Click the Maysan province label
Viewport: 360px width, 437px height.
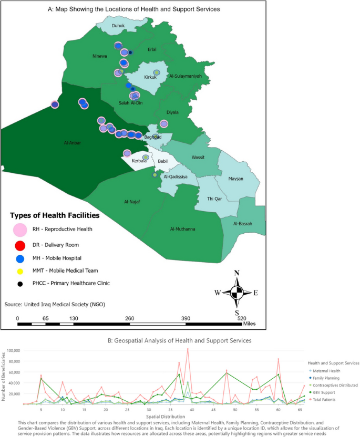tap(236, 179)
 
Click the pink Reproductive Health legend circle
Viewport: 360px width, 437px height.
tap(20, 230)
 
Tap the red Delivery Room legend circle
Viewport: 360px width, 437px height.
tap(20, 245)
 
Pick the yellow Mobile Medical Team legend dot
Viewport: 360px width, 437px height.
tap(20, 271)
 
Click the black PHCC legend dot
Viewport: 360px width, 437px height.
tap(20, 284)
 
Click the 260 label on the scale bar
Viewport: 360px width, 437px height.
tap(129, 319)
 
